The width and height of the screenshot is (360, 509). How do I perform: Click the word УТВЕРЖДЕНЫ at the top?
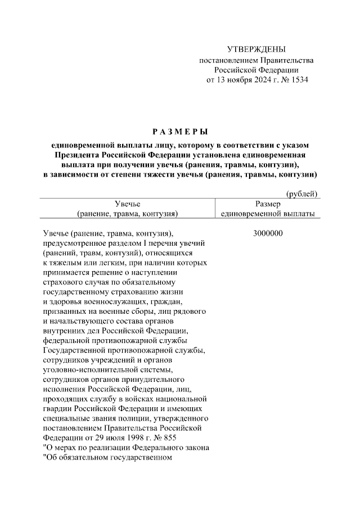pyautogui.click(x=256, y=50)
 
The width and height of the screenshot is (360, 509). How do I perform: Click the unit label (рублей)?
pyautogui.click(x=303, y=194)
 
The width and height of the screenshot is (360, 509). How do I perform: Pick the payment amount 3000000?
pyautogui.click(x=267, y=233)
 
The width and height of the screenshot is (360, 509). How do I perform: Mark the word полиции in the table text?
pyautogui.click(x=149, y=419)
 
